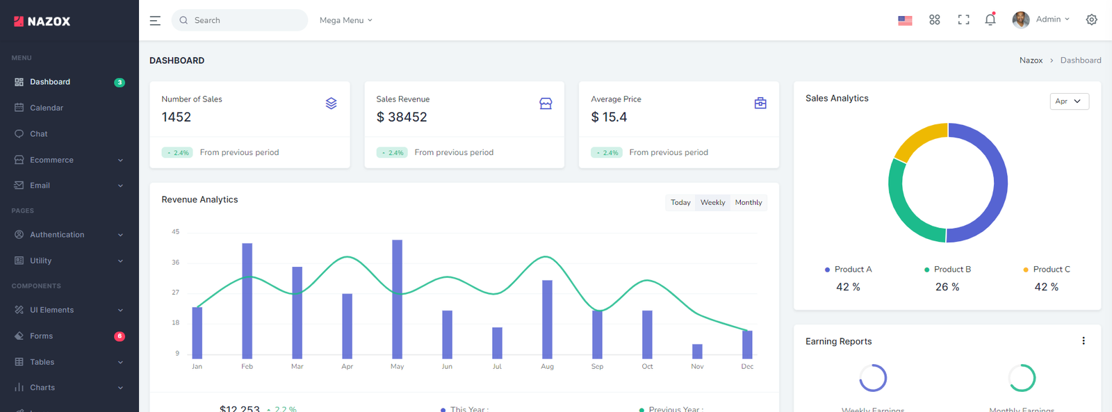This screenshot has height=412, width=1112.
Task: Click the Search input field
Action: [x=240, y=20]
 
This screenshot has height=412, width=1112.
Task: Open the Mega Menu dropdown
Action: [x=345, y=20]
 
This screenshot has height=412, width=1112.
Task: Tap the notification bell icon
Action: [x=990, y=19]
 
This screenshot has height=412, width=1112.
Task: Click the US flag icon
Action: [x=905, y=20]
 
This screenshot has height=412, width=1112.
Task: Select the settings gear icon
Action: [x=1091, y=19]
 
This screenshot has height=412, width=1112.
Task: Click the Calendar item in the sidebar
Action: [x=47, y=108]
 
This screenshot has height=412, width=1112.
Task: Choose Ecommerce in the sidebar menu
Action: [x=51, y=160]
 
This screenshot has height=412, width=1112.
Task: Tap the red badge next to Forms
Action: [x=120, y=336]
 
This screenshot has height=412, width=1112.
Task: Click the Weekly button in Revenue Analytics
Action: [x=712, y=203]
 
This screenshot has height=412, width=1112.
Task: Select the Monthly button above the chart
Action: [x=749, y=203]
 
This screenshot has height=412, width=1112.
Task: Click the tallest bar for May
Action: [x=397, y=299]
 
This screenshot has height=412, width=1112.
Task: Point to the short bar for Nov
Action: [x=697, y=352]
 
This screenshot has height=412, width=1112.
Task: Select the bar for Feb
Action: [x=247, y=300]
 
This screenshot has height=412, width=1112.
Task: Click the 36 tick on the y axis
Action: [x=176, y=263]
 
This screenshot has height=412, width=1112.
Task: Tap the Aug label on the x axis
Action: [x=547, y=366]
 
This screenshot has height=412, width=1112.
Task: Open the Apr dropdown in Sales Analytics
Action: [x=1069, y=101]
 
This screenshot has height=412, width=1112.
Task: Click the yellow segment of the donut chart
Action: [x=917, y=140]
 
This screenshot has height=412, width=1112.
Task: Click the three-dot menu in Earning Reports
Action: [x=1083, y=341]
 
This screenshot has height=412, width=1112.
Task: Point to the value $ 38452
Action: [x=402, y=117]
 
